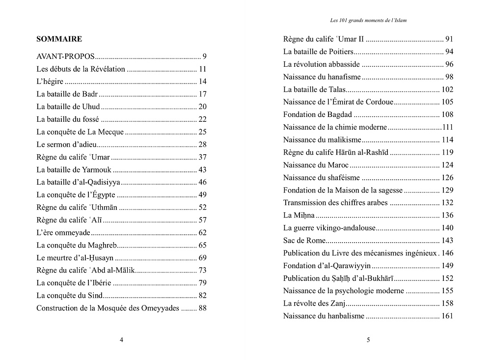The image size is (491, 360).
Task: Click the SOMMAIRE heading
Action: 59,39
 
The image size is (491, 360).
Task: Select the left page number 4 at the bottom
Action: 121,339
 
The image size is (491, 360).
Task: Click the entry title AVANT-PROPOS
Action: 65,56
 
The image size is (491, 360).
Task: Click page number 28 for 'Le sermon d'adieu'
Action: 202,144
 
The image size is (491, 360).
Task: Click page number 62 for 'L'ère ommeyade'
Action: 202,233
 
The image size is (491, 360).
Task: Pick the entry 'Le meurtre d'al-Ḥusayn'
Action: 75,258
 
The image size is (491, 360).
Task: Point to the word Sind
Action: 95,296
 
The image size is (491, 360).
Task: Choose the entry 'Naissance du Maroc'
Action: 316,165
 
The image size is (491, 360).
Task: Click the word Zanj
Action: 337,304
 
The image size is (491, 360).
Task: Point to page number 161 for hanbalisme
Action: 447,316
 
